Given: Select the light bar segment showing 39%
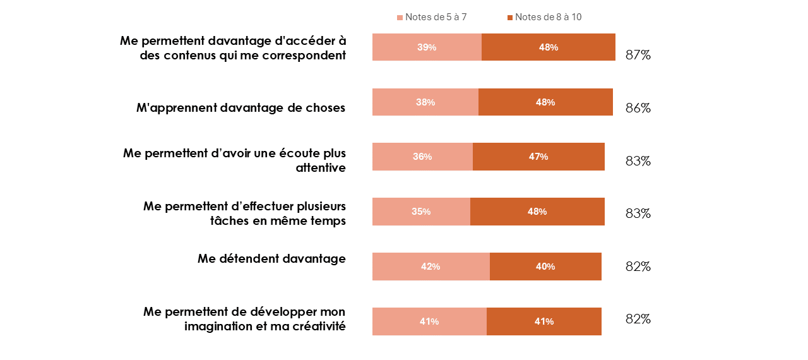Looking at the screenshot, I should [427, 47].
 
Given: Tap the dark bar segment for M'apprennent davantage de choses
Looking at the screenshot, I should [545, 102].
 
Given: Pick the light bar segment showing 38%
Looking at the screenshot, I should [425, 102].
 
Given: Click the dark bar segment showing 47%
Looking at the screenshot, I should [538, 157].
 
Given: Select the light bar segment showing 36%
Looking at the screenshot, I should [422, 157].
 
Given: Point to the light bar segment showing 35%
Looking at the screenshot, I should [421, 212].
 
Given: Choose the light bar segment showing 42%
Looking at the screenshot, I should [431, 267].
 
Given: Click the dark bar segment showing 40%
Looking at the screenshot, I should [545, 267].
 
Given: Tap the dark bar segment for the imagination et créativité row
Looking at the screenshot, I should [544, 321].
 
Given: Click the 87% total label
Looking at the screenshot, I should [638, 55].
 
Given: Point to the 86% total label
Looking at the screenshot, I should [638, 108].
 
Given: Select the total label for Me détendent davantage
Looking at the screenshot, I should [638, 267].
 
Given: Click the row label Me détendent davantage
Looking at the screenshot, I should [271, 258].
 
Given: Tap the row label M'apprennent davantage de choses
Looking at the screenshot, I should [241, 108].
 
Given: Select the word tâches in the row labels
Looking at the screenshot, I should [229, 220].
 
